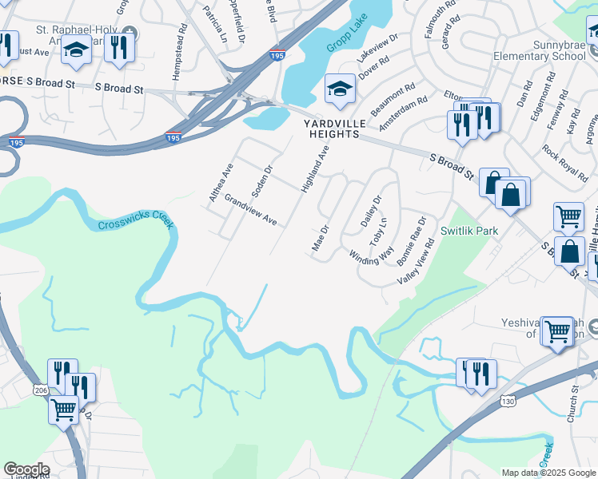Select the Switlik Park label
(x=469, y=230)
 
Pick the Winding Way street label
(x=372, y=256)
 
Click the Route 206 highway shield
(x=40, y=390)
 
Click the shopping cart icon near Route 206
(x=63, y=410)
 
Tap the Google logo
(x=26, y=469)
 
